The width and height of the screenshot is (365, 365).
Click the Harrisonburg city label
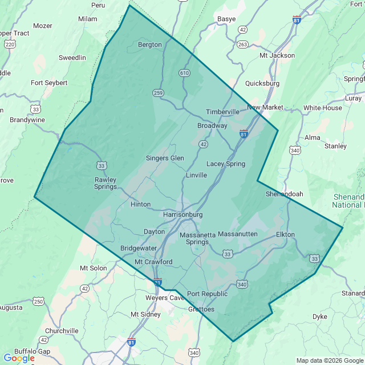tap(182, 214)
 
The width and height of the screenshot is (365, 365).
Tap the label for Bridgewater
tap(139, 248)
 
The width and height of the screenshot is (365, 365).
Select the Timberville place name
tap(223, 112)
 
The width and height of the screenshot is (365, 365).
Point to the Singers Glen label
tap(165, 158)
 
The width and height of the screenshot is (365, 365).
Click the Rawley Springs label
tap(106, 182)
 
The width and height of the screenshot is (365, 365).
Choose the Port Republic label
tap(207, 294)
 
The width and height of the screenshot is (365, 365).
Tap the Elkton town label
tap(285, 234)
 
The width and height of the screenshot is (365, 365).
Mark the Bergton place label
tap(150, 44)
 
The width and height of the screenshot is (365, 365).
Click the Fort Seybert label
tap(49, 83)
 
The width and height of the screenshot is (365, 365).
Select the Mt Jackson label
tap(277, 55)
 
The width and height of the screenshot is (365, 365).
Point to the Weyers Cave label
tap(164, 298)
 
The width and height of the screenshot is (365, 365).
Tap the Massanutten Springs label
tap(197, 238)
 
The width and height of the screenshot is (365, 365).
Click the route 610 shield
tap(184, 73)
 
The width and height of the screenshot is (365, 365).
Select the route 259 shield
tap(158, 92)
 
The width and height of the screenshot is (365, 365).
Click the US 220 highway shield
tap(9, 43)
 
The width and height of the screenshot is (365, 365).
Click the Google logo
tap(19, 358)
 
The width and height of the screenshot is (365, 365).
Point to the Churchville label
tap(61, 331)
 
